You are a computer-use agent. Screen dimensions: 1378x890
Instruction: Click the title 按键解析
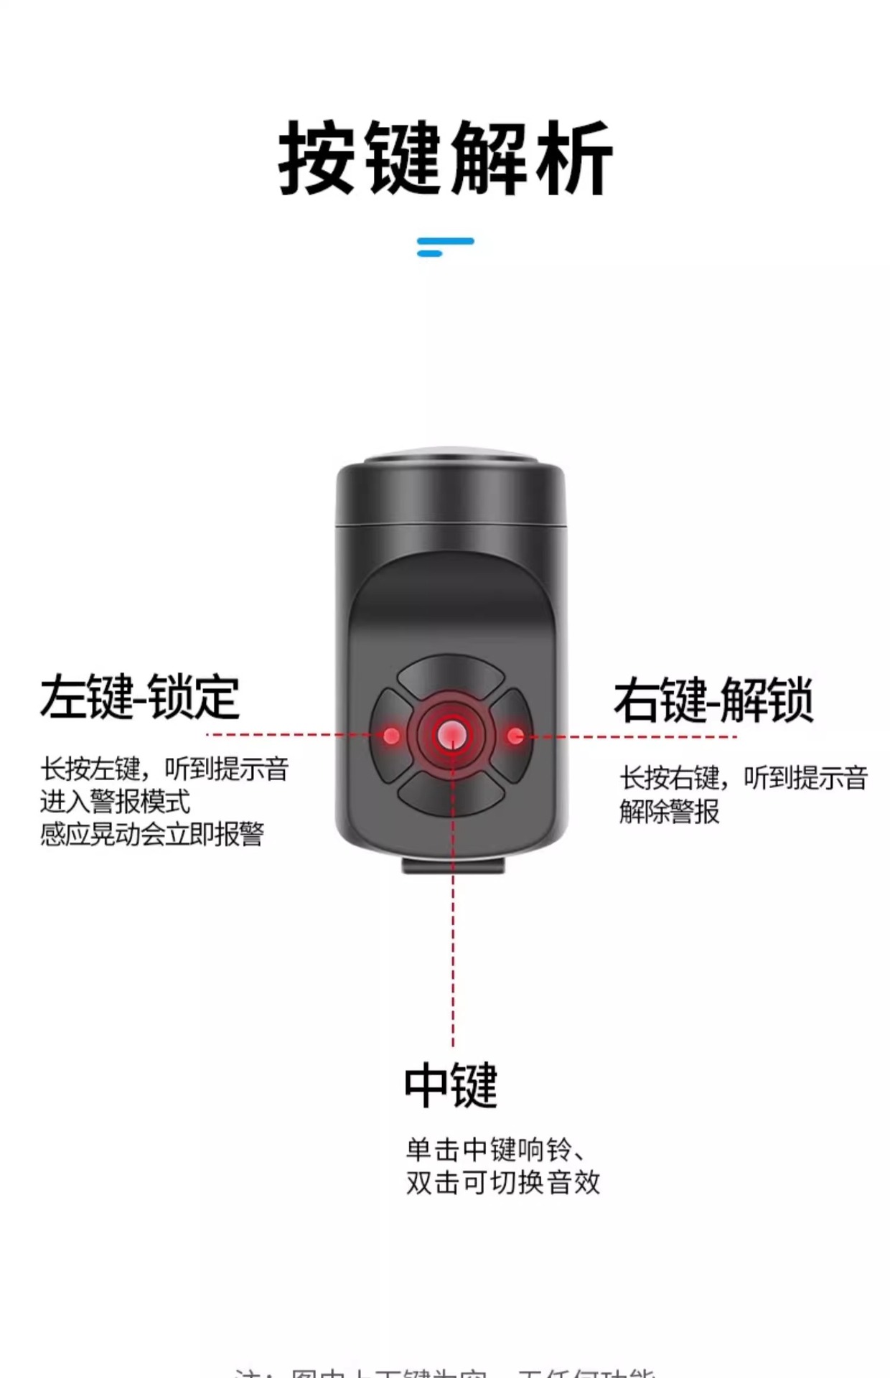445,158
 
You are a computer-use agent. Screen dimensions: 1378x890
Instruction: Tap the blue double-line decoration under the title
445,246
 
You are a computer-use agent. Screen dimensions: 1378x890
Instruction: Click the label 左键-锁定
139,697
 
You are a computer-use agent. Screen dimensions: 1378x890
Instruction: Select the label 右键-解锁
713,700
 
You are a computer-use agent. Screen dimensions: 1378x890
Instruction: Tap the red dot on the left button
392,736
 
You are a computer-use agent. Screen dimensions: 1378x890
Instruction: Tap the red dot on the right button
515,736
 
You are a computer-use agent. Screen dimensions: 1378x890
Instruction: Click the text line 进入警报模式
115,801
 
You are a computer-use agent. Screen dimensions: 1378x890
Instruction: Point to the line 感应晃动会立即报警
152,834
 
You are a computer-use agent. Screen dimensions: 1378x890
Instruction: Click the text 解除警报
669,812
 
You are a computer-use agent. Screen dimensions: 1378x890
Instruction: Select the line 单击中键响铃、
495,1150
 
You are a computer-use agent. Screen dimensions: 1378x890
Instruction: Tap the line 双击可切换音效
502,1182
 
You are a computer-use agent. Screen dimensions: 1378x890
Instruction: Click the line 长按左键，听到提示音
164,769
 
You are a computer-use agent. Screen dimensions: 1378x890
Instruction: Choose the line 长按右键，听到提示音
744,778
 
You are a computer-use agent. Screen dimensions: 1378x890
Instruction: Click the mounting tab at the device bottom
452,863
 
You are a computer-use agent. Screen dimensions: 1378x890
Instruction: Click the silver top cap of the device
451,457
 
